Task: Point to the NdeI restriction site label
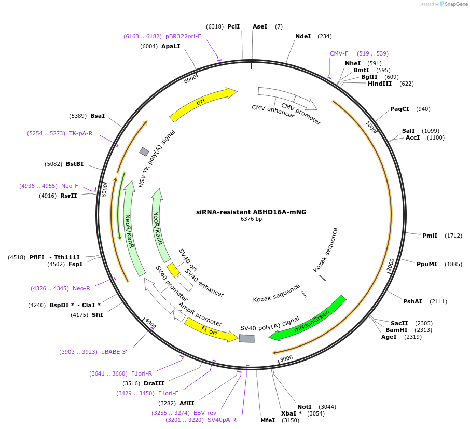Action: [303, 36]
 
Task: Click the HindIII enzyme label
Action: [380, 84]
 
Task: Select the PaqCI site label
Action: [399, 109]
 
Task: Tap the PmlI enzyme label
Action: [430, 236]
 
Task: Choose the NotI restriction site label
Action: [305, 407]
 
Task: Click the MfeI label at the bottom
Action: [268, 420]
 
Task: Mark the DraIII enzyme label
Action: [154, 383]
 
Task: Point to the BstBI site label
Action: [75, 164]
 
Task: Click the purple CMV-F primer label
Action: [339, 53]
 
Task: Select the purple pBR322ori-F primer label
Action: [183, 36]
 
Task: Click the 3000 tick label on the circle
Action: [286, 358]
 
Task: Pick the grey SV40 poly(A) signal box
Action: [247, 338]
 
